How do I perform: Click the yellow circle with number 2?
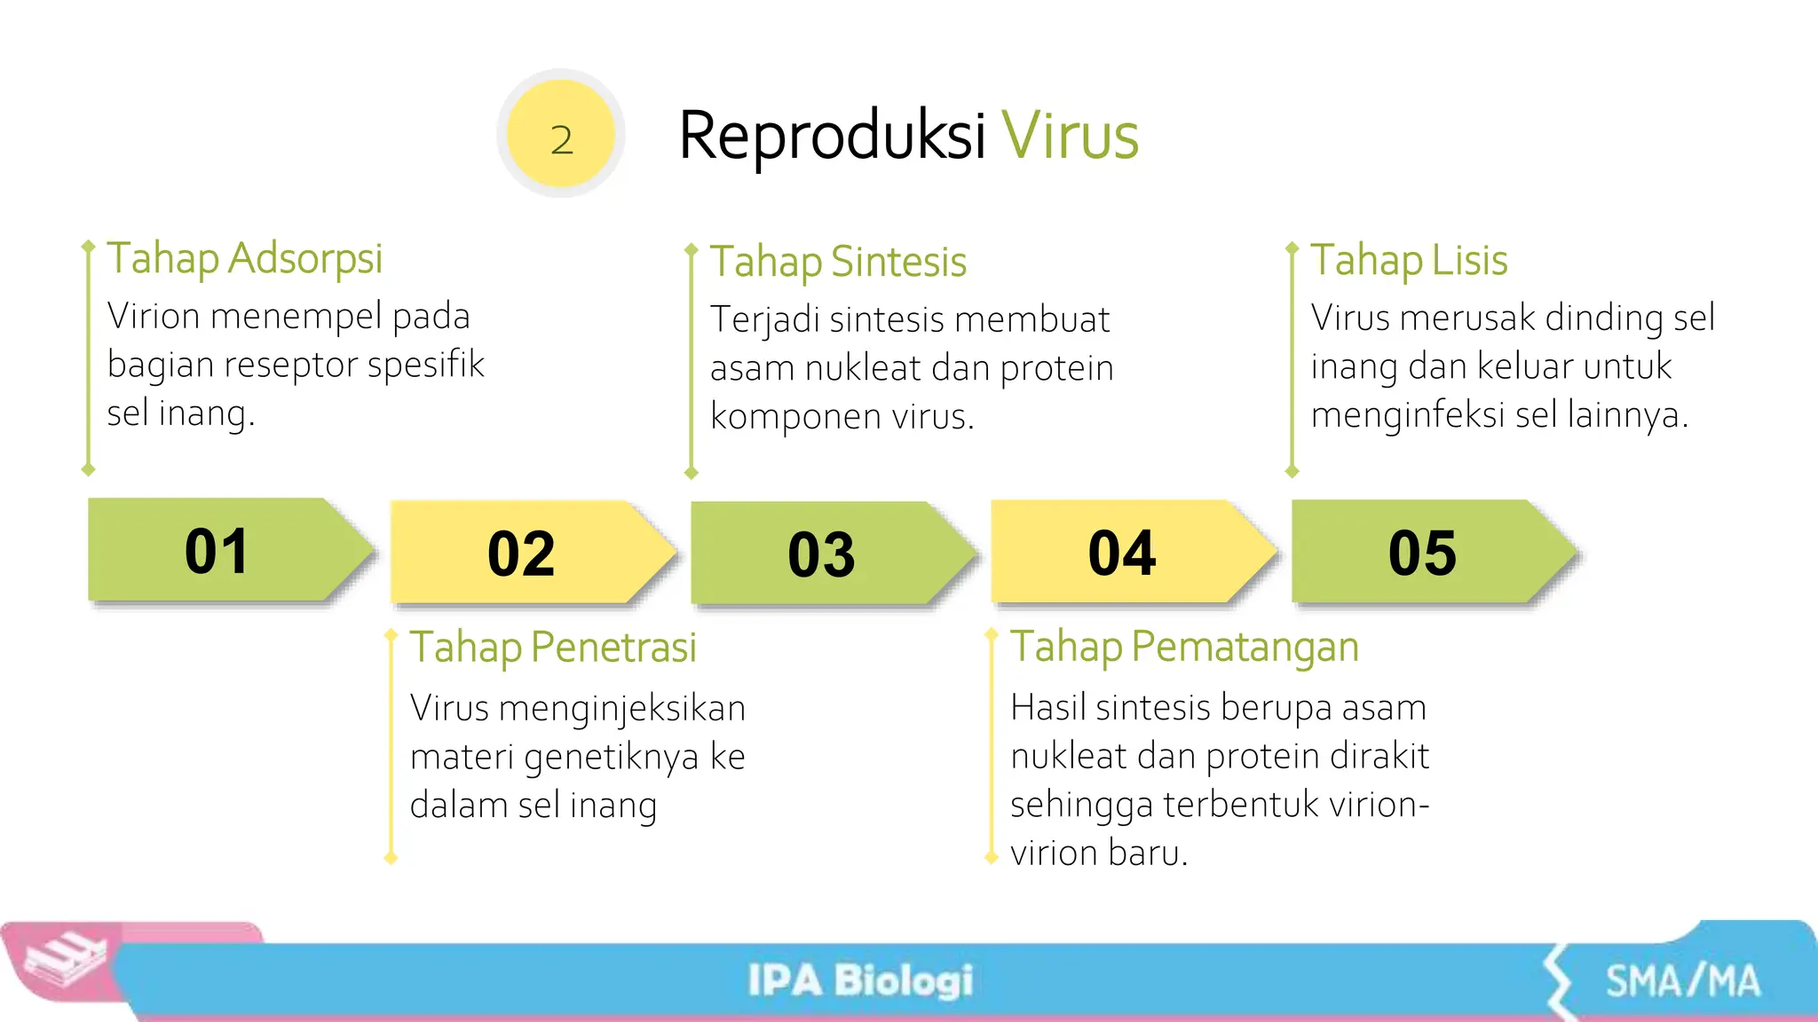coord(561,134)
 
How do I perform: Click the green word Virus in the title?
coord(1070,137)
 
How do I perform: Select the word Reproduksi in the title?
coord(832,137)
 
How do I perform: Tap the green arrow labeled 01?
coord(217,551)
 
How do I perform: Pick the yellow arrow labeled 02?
coord(522,554)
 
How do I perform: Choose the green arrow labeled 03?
coord(822,554)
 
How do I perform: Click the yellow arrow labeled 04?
coord(1122,553)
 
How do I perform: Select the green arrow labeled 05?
coord(1422,553)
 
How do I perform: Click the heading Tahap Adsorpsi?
coord(244,259)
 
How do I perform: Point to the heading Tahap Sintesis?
coord(838,262)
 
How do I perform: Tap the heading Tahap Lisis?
coord(1409,261)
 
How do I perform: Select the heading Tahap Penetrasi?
coord(553,648)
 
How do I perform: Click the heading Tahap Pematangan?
coord(1184,647)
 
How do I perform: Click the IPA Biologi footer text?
coord(860,980)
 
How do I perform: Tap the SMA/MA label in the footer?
coord(1682,981)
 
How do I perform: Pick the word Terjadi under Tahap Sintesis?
coord(764,320)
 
